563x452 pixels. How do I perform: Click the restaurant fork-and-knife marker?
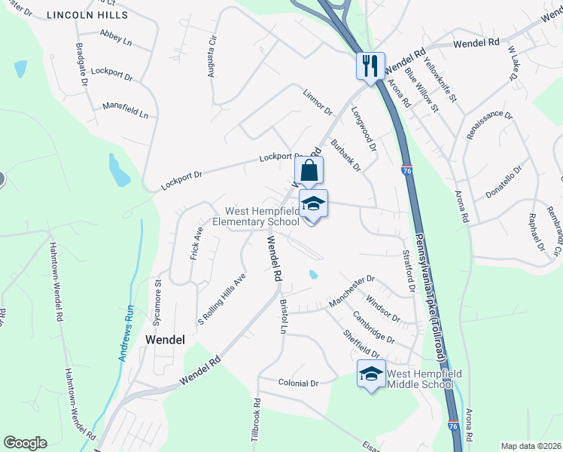pyautogui.click(x=370, y=66)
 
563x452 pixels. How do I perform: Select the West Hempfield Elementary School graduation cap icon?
pyautogui.click(x=313, y=203)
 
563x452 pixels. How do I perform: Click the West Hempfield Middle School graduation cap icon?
pyautogui.click(x=371, y=373)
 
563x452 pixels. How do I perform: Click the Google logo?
pyautogui.click(x=25, y=443)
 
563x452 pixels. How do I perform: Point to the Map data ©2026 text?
pyautogui.click(x=530, y=446)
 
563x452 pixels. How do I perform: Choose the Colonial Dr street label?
pyautogui.click(x=298, y=383)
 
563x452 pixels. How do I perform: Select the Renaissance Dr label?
pyautogui.click(x=488, y=126)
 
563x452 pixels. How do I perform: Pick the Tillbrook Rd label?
pyautogui.click(x=256, y=419)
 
